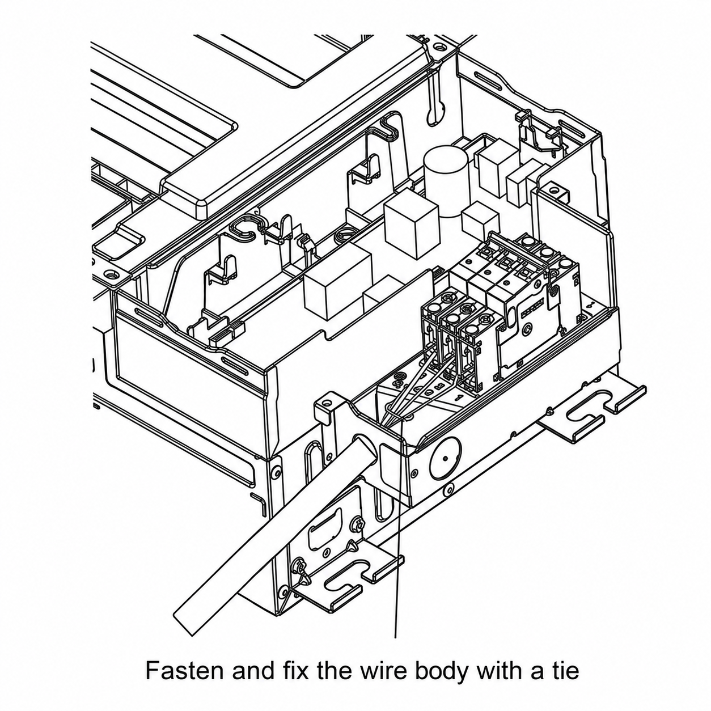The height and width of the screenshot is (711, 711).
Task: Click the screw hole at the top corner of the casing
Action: click(439, 48)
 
